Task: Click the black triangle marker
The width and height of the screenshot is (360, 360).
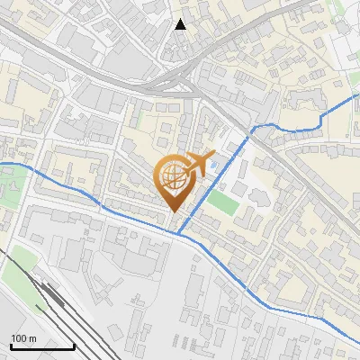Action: (181, 23)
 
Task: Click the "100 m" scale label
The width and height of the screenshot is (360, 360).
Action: (23, 338)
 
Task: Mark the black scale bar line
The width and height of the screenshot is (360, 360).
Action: (42, 346)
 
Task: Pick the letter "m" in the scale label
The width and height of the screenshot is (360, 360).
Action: (32, 338)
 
